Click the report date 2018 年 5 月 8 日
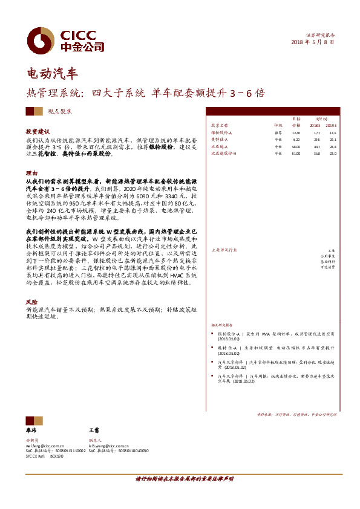(312, 42)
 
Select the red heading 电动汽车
(53, 74)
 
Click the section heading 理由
(31, 173)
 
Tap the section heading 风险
(31, 300)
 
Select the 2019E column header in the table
(332, 126)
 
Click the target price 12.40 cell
(296, 132)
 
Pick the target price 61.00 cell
(296, 154)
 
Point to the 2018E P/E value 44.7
(316, 147)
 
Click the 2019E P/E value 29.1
(332, 140)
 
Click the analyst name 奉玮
(31, 428)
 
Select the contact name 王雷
(93, 428)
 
